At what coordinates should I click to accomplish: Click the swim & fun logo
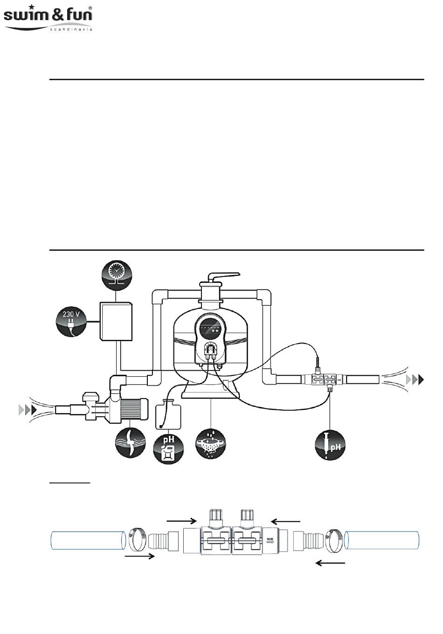48,16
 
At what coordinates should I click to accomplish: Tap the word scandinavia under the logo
70,29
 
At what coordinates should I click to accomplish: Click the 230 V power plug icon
71,321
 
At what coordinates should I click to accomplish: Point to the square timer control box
116,320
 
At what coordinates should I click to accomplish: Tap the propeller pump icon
131,442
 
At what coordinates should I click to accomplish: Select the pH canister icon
168,448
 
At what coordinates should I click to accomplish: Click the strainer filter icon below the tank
211,443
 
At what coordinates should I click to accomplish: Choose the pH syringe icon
330,445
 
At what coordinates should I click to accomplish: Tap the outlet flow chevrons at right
415,379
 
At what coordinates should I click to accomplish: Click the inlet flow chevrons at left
27,410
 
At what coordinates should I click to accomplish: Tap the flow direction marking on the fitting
270,541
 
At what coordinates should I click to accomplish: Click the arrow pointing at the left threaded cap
181,519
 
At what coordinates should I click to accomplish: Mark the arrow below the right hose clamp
330,563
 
